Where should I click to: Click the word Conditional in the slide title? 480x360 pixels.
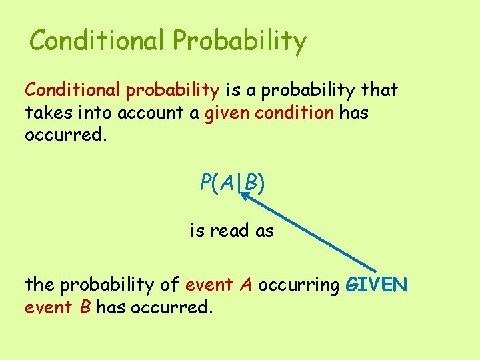97,41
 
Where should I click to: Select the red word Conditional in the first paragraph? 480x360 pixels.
73,89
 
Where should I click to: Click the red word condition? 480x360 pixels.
290,113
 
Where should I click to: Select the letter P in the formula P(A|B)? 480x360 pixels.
206,182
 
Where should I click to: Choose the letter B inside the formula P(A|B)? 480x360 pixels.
251,182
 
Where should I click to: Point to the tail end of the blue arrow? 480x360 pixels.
375,269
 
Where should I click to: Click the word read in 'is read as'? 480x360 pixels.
231,231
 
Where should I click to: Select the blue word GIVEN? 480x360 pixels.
376,285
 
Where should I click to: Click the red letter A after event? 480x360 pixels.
246,285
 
